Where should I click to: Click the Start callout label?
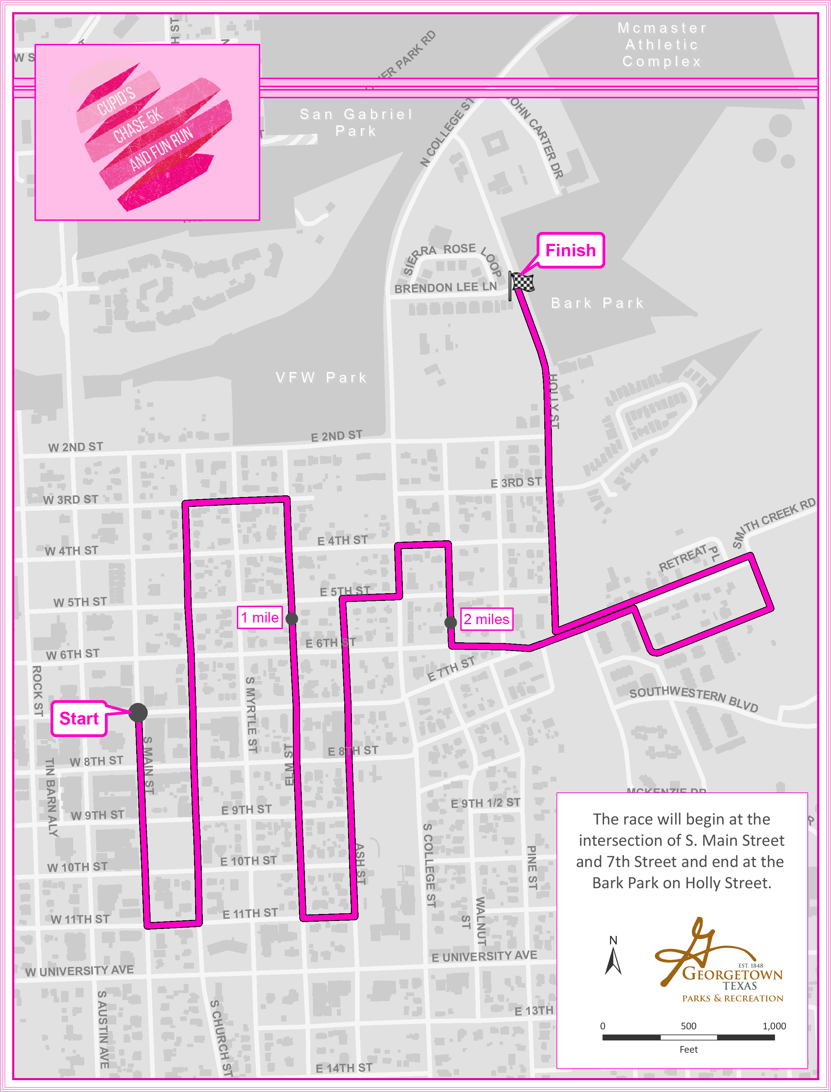tap(79, 718)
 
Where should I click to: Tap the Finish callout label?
tap(570, 250)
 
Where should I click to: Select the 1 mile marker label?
tap(260, 617)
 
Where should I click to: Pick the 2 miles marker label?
tap(487, 619)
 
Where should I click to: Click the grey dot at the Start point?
tap(138, 712)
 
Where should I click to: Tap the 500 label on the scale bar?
tap(688, 1026)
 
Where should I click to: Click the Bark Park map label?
tap(598, 303)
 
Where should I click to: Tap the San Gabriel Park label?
tap(356, 122)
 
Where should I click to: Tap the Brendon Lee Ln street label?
tap(445, 287)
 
